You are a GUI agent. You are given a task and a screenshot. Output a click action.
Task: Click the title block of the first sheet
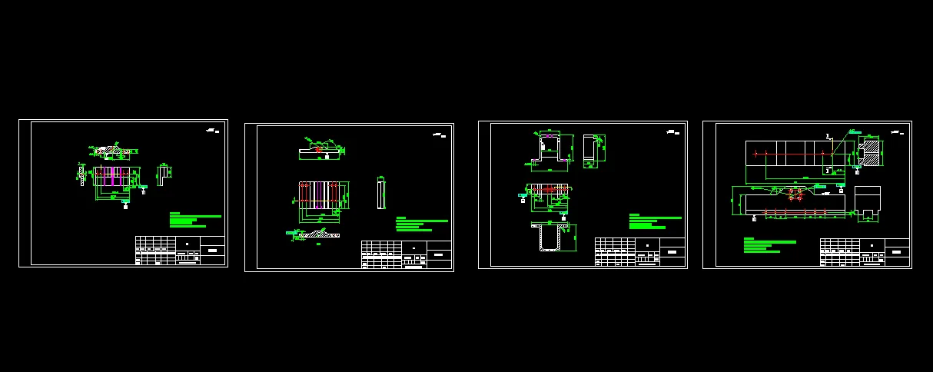(180, 251)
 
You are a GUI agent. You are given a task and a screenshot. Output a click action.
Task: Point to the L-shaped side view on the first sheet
(164, 174)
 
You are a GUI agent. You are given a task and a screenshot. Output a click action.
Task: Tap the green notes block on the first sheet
(194, 221)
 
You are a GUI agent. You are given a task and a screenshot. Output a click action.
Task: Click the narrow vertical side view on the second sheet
(380, 193)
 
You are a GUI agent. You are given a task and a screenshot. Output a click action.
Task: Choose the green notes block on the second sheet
(421, 224)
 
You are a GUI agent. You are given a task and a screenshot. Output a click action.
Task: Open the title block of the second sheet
(406, 254)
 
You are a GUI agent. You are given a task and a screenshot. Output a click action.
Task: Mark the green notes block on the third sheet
(655, 221)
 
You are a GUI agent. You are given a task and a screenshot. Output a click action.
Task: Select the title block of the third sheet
(639, 252)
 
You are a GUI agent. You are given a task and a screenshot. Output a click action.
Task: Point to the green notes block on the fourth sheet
(769, 245)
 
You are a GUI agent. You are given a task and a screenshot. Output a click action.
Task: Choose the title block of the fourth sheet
(865, 252)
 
